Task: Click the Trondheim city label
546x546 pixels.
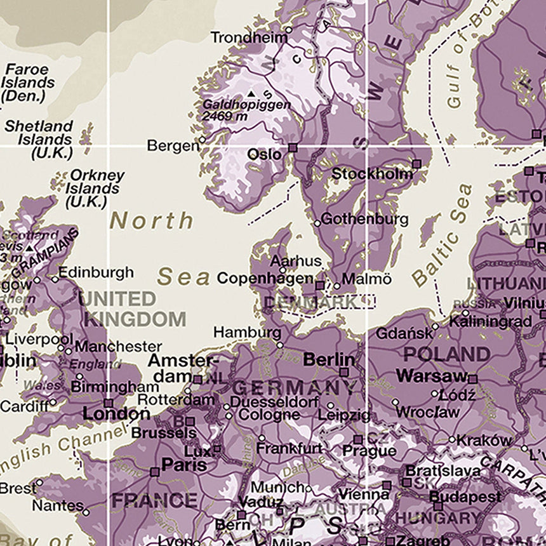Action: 248,37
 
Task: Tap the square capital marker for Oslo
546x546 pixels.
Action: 292,148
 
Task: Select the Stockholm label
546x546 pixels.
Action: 373,173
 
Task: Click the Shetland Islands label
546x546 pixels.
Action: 39,139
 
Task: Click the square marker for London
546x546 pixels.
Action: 109,403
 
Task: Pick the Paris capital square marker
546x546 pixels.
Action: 154,472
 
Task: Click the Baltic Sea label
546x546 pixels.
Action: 443,234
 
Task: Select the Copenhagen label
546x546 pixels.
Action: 265,278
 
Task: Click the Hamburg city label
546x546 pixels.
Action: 247,332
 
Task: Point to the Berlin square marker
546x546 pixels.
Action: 344,373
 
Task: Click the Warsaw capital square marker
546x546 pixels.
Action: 473,379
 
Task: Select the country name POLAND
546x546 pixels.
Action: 446,354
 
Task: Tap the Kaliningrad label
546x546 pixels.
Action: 489,322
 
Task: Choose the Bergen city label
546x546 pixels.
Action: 173,146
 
